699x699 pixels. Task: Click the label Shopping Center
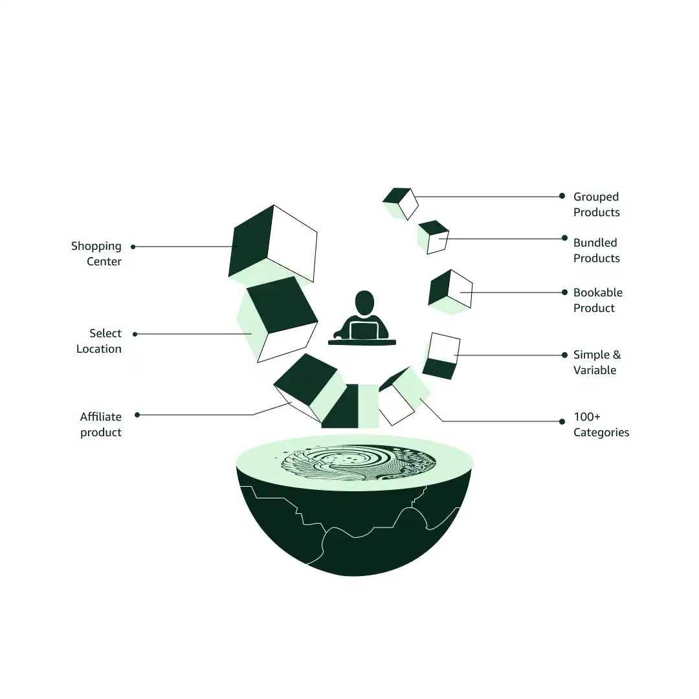96,254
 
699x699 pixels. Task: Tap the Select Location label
99,341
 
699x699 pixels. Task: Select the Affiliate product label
101,425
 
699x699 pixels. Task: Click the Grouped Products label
596,205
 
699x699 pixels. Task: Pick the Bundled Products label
596,250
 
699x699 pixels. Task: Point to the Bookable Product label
597,300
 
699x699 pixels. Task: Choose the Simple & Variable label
596,362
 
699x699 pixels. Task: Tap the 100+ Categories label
601,425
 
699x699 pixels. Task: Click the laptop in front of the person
363,330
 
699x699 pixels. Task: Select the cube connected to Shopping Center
273,243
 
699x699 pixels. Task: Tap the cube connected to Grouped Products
401,203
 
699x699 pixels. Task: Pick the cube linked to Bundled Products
434,238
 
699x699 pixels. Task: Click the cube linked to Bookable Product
450,291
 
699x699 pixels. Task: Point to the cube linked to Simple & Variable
441,356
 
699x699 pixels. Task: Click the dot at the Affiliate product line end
137,415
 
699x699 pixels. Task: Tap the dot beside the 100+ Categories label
562,421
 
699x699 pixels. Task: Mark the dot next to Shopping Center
133,247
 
